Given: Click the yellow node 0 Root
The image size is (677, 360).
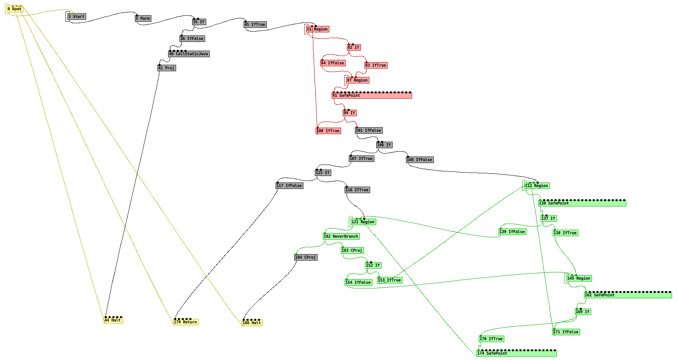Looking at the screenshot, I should [15, 9].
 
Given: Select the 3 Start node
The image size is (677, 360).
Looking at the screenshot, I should [77, 17].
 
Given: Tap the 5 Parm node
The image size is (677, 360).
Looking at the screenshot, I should [143, 19].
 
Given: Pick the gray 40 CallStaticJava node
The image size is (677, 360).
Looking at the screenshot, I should [189, 54].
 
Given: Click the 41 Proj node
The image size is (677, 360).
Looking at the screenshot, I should [167, 68].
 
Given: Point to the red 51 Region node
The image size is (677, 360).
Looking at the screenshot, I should [318, 29].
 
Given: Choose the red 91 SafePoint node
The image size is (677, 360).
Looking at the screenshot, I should [372, 96].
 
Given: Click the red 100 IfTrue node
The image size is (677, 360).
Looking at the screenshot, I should [328, 131].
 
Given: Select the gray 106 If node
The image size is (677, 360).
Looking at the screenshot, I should [384, 145].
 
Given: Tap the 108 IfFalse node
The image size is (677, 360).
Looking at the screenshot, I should [420, 160].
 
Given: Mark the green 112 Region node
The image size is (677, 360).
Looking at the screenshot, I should [537, 186].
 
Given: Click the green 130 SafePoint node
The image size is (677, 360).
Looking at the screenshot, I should [582, 203].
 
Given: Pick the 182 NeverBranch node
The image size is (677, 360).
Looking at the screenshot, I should [341, 237].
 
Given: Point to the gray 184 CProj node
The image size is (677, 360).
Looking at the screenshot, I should [306, 258].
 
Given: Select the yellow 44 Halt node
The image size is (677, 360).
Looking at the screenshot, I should [113, 320].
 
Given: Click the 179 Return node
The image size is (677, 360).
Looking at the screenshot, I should [186, 322].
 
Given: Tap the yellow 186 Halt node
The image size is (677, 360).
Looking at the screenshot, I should [252, 323].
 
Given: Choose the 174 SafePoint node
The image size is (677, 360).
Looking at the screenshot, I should [517, 354].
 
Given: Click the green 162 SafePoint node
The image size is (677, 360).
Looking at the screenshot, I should [628, 295].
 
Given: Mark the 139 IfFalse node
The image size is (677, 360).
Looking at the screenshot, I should [512, 232].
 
